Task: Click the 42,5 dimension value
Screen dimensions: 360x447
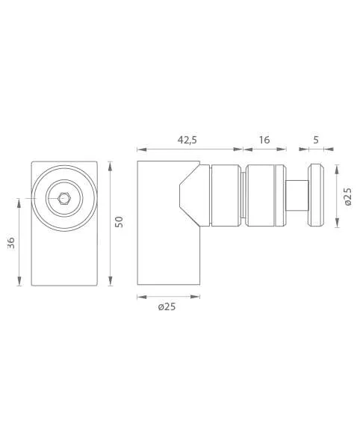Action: coord(187,140)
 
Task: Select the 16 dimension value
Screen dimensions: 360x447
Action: coord(264,140)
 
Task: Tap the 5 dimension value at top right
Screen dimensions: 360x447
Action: coord(316,140)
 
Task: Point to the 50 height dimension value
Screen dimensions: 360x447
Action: coord(120,222)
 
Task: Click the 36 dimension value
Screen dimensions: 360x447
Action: coord(10,243)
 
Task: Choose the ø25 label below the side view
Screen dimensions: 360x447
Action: coord(167,306)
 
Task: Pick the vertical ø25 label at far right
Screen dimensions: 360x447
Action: coord(348,197)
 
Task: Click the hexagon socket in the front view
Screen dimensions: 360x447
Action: coord(63,198)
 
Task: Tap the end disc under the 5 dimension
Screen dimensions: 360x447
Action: coord(317,196)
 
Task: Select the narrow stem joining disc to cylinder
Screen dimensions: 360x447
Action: coord(297,196)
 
